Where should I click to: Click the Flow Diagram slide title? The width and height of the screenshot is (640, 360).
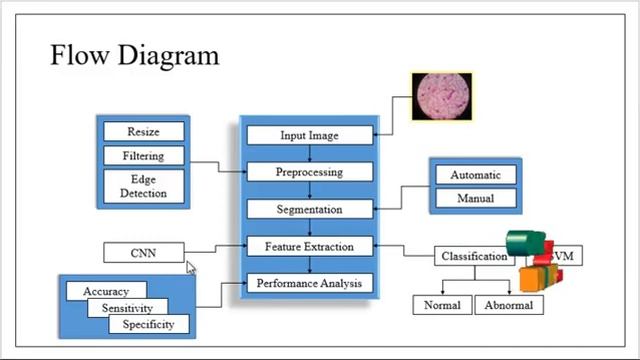coord(134,54)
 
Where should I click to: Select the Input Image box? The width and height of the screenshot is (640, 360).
coord(309,135)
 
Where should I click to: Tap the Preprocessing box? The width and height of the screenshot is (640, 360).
coord(309,172)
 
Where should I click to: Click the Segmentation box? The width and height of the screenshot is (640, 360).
coord(309,210)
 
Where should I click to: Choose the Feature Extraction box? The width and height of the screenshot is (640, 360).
coord(309,246)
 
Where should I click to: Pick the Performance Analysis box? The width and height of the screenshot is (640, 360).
coord(309,283)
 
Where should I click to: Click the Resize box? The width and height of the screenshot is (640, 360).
coord(143,132)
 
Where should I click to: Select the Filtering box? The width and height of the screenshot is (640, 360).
coord(143,156)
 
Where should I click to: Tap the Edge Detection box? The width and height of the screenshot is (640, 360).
coord(143,186)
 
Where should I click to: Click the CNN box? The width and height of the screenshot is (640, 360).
coord(143,253)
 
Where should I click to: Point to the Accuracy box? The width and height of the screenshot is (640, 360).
coord(105,291)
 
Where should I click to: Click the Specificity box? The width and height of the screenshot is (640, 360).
coord(149,324)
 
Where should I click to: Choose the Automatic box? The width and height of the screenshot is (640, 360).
coord(475,175)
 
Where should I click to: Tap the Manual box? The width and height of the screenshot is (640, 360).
coord(475,198)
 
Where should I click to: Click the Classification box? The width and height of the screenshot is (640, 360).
coord(473,256)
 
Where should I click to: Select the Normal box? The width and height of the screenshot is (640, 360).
coord(441,305)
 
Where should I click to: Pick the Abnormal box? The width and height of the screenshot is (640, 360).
coord(509,305)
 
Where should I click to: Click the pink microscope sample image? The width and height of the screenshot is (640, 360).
coord(443,96)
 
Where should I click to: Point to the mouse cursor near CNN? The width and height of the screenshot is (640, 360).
coord(191,267)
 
